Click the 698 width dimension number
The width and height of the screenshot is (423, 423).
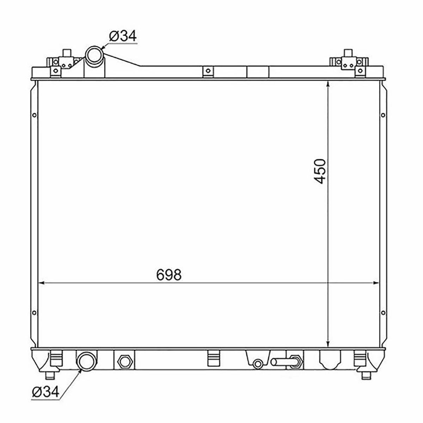point(169,274)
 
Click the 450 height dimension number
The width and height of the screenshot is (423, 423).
point(320,171)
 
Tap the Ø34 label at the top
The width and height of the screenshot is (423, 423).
point(123,36)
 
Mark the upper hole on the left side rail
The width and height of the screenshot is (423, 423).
point(34,115)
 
